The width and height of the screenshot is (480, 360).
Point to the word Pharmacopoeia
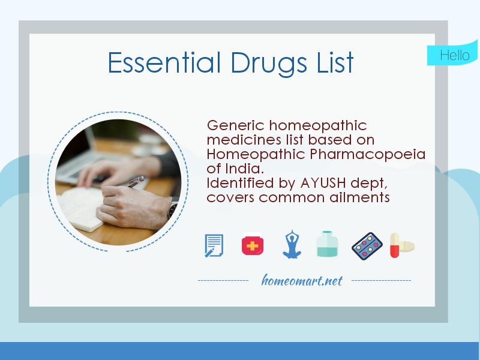pyautogui.click(x=368, y=155)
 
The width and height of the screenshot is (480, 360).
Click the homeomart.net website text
pyautogui.click(x=302, y=280)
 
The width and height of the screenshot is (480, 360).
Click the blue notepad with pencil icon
pyautogui.click(x=214, y=245)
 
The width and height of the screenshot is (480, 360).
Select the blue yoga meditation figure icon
pyautogui.click(x=290, y=245)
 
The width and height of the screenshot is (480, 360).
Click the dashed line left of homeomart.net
pyautogui.click(x=223, y=281)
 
